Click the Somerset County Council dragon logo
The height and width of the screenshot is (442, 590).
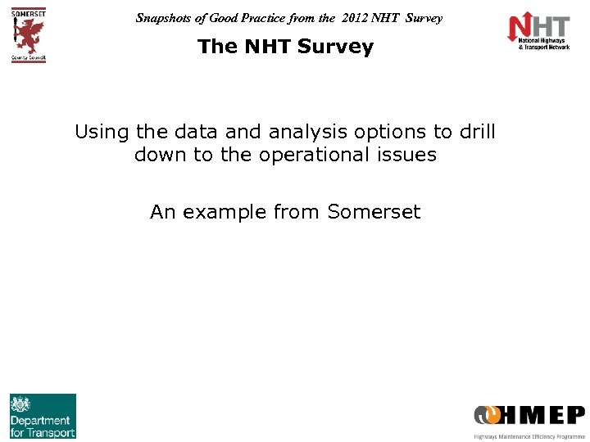29,34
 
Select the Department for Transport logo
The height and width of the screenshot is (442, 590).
43,416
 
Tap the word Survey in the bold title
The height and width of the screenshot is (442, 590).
335,47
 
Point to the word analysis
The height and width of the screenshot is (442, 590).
307,132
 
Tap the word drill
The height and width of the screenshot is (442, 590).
477,132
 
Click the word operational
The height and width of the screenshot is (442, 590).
304,155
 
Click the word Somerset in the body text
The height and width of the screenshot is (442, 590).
373,213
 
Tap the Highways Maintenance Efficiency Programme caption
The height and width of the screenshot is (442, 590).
529,436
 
